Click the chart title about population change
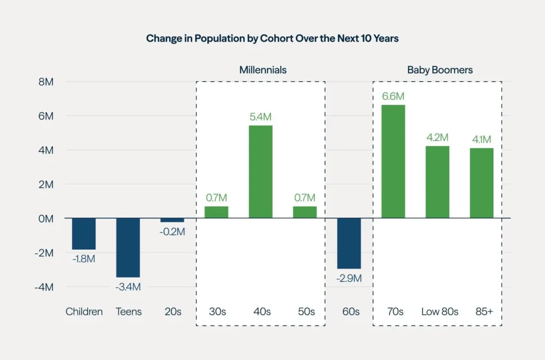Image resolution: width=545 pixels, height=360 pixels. click(x=272, y=38)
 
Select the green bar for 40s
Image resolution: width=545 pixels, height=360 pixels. click(x=261, y=172)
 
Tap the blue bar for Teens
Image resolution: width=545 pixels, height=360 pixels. click(x=128, y=247)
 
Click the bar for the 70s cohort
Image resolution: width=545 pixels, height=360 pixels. click(x=393, y=162)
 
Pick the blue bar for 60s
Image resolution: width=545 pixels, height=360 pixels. click(x=349, y=243)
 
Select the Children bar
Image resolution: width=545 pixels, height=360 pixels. click(x=84, y=233)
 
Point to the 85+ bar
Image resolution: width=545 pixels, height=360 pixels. click(x=482, y=183)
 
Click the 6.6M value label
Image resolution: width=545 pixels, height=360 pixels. click(x=393, y=96)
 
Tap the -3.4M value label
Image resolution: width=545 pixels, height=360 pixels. click(x=128, y=287)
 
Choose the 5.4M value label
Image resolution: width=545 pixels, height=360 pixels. click(x=261, y=117)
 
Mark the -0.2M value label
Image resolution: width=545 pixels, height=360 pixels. click(x=172, y=232)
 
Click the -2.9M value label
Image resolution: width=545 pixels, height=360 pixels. click(x=349, y=278)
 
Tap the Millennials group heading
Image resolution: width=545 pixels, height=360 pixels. click(x=263, y=70)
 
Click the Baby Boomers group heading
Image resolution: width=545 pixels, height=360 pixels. click(x=440, y=70)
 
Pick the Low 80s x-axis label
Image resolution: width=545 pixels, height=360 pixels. click(x=440, y=312)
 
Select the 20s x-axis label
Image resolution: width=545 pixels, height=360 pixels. click(x=172, y=312)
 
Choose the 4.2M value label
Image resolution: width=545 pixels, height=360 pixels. click(x=437, y=138)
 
